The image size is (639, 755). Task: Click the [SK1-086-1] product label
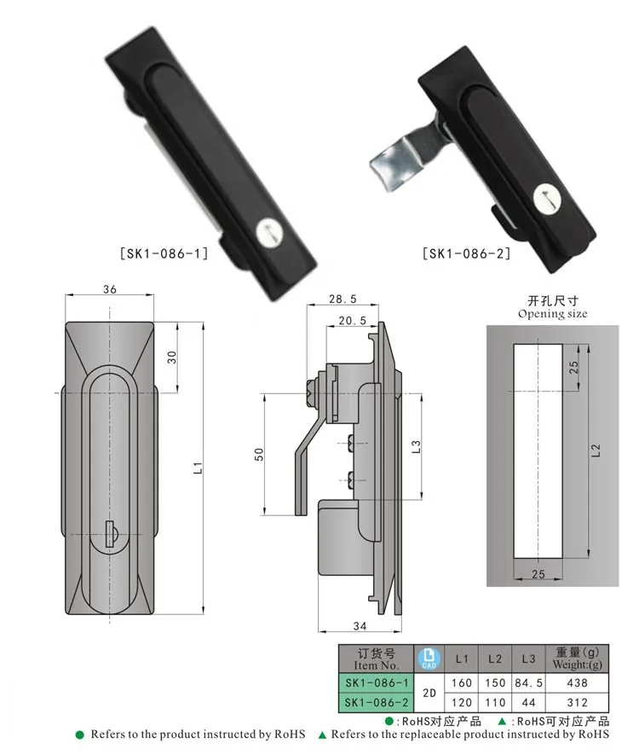[x=161, y=253]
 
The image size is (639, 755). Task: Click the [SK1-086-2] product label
[x=466, y=253]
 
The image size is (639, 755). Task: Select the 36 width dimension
[x=109, y=288]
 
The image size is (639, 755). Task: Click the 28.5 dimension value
[x=343, y=300]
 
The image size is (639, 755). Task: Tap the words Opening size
[x=552, y=314]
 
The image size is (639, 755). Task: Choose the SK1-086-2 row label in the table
[x=376, y=702]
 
